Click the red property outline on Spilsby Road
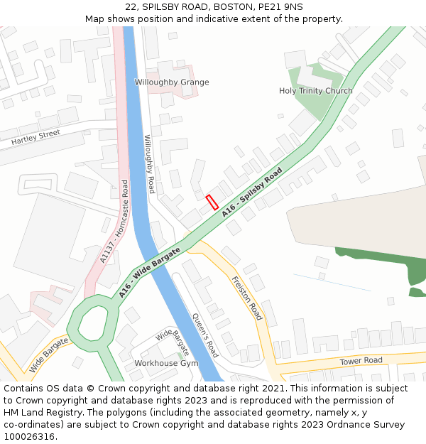(x=212, y=202)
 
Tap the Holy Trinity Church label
(x=315, y=91)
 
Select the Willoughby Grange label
(x=172, y=82)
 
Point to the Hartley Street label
(x=35, y=137)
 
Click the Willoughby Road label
(x=149, y=164)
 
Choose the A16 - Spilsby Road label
(x=252, y=192)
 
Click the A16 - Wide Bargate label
(x=150, y=271)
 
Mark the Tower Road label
(x=361, y=361)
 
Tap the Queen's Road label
(x=205, y=335)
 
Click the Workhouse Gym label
(x=166, y=363)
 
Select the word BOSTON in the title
(x=214, y=6)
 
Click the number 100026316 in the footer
(x=28, y=437)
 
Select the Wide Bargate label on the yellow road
(x=49, y=355)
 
